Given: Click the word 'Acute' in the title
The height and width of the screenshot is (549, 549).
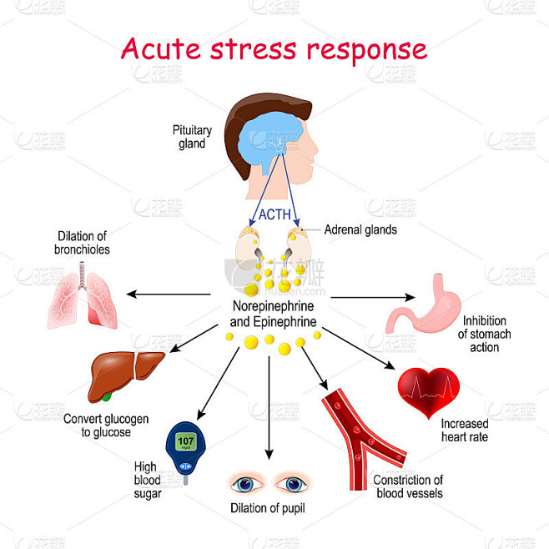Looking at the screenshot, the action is tap(161, 48).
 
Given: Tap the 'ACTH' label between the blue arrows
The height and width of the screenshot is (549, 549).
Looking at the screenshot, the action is tap(274, 214).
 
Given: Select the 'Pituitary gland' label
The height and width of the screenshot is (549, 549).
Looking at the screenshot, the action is tap(192, 137).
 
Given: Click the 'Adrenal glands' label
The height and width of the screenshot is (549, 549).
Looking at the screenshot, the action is tap(360, 229).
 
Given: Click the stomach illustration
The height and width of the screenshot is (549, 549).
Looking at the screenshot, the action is tap(423, 304).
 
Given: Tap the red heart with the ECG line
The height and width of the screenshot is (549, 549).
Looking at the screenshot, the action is tap(429, 391).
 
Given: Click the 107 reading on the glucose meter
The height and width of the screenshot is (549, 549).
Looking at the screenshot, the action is tap(185, 441).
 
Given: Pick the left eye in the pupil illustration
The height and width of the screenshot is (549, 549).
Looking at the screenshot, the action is tap(245, 484).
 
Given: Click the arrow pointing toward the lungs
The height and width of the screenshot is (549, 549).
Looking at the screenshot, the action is tap(169, 294).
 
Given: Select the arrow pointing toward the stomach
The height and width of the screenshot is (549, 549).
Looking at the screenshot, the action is tap(373, 298).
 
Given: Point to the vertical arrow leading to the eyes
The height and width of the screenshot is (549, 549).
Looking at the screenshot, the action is tap(269, 407).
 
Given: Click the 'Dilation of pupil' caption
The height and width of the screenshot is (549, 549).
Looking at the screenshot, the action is tap(268, 508).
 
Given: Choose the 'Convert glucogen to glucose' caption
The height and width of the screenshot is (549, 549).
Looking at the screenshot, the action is tap(106, 426).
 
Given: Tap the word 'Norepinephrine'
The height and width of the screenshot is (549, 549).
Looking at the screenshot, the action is tap(273, 306).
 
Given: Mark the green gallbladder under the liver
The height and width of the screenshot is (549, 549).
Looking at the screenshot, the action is tap(107, 397).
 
